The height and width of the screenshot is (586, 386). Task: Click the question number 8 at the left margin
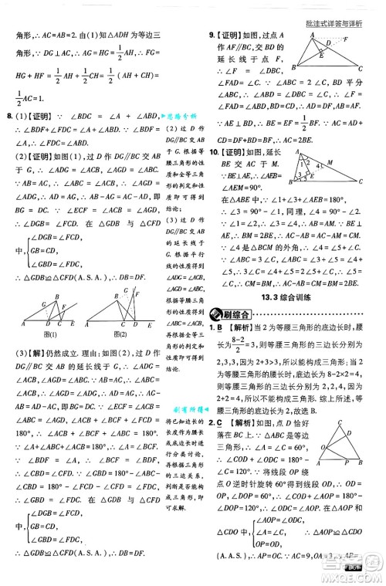(8, 116)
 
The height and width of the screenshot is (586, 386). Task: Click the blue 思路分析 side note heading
(183, 116)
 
